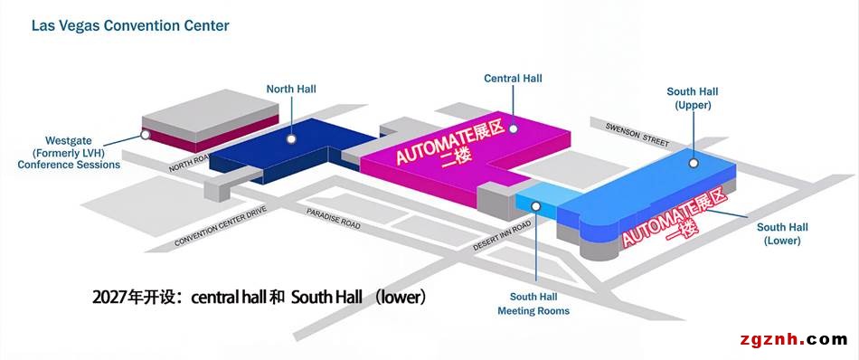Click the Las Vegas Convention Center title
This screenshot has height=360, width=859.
coord(130,25)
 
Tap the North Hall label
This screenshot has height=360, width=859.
coord(291,89)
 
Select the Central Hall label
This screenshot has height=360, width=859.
coord(513,79)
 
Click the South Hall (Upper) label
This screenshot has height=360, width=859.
coord(693,98)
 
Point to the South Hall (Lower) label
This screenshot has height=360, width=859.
coord(782,234)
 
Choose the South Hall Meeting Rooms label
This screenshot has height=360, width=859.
coord(533,304)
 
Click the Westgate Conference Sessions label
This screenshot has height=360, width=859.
coord(69,152)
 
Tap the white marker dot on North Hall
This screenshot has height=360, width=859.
coord(291,139)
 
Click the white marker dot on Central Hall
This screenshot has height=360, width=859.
coord(514,128)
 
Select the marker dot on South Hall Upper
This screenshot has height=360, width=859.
coord(694,163)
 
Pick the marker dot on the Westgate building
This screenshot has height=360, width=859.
coord(146,134)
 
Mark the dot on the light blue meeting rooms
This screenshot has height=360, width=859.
coord(536,206)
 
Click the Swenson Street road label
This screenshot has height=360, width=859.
coord(637,135)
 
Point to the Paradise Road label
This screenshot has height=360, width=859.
coord(333,219)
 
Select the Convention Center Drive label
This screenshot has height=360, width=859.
coord(221,226)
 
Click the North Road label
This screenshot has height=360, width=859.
coord(190,163)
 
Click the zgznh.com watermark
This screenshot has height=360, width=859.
coord(793,340)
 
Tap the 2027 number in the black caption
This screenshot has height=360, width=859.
coord(108,298)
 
